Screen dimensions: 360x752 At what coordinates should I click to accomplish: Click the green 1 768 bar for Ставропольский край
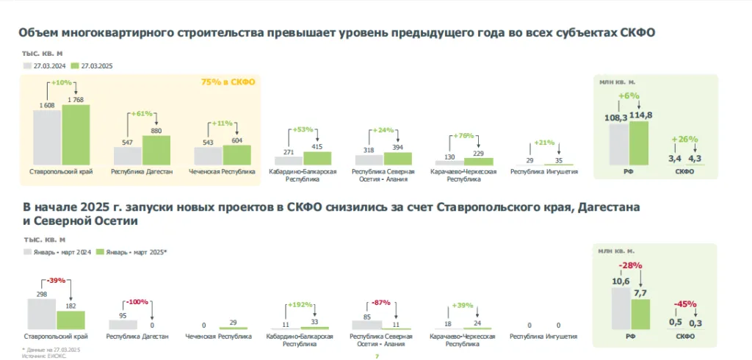pos(76,135)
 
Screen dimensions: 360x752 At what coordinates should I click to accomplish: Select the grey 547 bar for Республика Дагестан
pos(127,156)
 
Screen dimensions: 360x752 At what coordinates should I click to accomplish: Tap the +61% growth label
pos(142,114)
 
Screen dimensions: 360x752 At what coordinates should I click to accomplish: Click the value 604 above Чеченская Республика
pos(236,140)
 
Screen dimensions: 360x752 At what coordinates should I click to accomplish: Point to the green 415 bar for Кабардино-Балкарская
pos(317,158)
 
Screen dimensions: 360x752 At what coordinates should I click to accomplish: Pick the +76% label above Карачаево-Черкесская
pos(465,135)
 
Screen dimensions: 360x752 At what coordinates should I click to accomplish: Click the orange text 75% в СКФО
pos(228,82)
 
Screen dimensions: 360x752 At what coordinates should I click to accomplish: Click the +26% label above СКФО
pos(684,140)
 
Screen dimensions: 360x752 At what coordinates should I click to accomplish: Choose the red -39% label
pos(56,279)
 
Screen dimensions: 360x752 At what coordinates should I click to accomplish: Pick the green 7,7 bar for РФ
pos(640,314)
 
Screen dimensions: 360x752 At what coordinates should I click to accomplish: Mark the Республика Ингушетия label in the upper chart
pos(544,172)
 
